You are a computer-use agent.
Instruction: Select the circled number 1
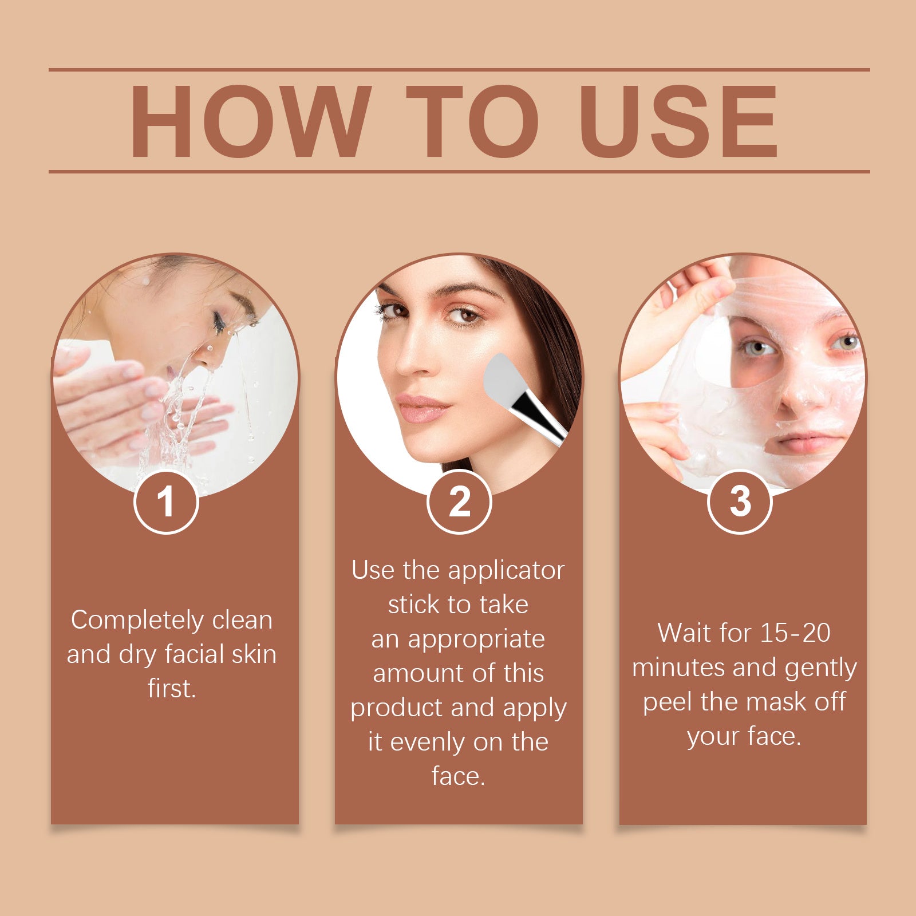pyautogui.click(x=166, y=502)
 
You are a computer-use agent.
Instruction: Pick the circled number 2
pyautogui.click(x=459, y=502)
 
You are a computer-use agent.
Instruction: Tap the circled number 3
pyautogui.click(x=740, y=502)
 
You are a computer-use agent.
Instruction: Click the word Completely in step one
pyautogui.click(x=137, y=621)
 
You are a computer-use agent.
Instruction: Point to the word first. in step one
pyautogui.click(x=172, y=689)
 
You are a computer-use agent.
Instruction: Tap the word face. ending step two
pyautogui.click(x=458, y=777)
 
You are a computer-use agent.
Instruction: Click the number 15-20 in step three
pyautogui.click(x=795, y=633)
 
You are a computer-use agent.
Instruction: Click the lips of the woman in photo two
pyautogui.click(x=423, y=408)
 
